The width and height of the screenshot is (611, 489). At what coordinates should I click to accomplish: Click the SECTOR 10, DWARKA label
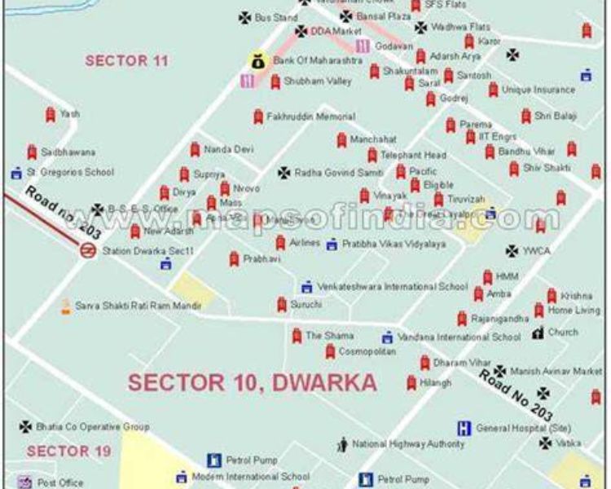(252, 382)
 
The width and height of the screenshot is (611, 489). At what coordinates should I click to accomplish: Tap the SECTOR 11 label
(127, 60)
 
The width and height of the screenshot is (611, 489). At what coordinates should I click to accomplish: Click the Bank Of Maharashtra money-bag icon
(257, 60)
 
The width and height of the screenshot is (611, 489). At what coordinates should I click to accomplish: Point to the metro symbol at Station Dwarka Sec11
(88, 250)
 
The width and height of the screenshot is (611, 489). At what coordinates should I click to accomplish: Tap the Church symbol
(538, 333)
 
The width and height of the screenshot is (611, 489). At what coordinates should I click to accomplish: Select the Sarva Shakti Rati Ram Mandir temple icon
(65, 306)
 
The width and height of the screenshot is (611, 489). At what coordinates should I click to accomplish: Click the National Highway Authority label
(408, 444)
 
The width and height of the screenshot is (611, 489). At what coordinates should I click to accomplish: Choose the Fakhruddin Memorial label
(310, 117)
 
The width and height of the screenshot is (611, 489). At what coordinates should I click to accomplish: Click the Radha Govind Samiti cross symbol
(284, 173)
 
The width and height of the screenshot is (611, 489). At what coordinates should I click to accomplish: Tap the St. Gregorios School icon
(15, 173)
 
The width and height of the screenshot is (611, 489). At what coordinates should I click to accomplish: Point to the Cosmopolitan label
(367, 351)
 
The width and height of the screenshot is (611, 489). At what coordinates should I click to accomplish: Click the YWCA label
(537, 251)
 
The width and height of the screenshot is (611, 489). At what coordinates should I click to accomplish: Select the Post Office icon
(24, 482)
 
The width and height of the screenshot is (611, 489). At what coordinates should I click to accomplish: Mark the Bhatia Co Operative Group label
(90, 426)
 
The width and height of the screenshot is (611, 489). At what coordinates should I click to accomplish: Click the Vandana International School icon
(387, 337)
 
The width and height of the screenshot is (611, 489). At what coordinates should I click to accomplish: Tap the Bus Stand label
(275, 17)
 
